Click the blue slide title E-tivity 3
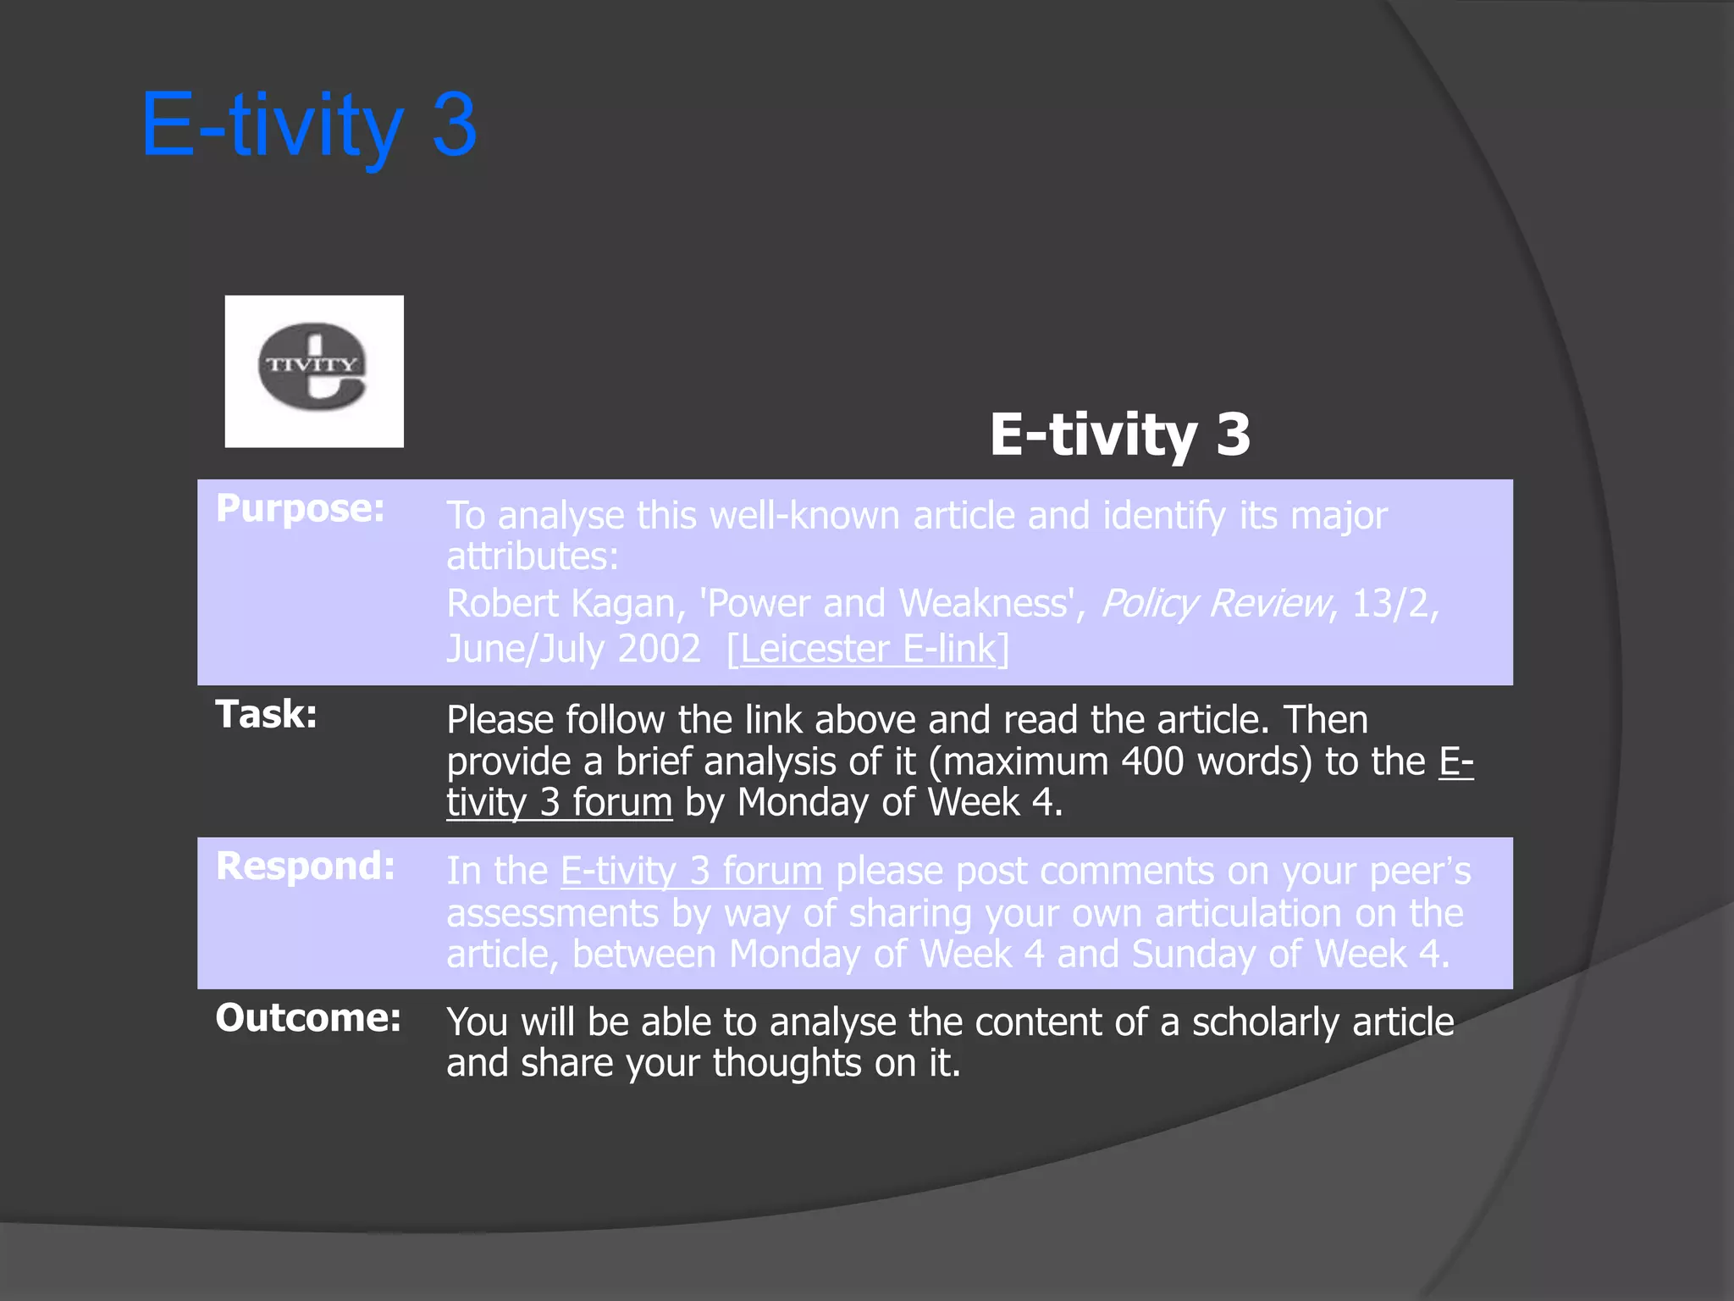point(309,125)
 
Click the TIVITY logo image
point(313,371)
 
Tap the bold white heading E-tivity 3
point(1119,434)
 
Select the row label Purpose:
point(300,508)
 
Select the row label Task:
point(266,714)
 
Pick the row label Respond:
point(305,866)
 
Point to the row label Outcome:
point(307,1017)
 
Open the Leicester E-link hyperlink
point(868,649)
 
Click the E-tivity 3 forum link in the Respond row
point(691,871)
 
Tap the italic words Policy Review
point(1215,604)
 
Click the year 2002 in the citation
point(659,649)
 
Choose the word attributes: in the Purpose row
point(533,556)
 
